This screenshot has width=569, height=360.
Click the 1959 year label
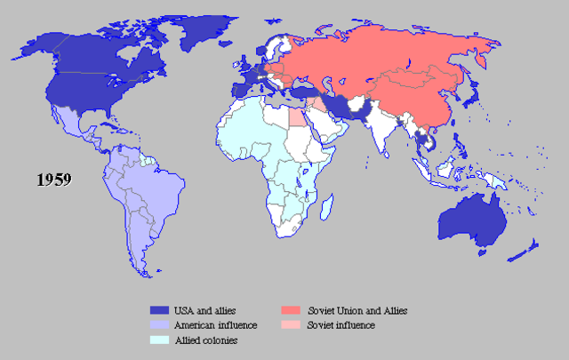coord(53,179)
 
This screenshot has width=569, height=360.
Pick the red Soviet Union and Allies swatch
coord(289,310)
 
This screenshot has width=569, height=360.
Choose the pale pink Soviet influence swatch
coord(289,324)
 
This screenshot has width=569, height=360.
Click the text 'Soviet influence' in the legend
coord(341,325)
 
